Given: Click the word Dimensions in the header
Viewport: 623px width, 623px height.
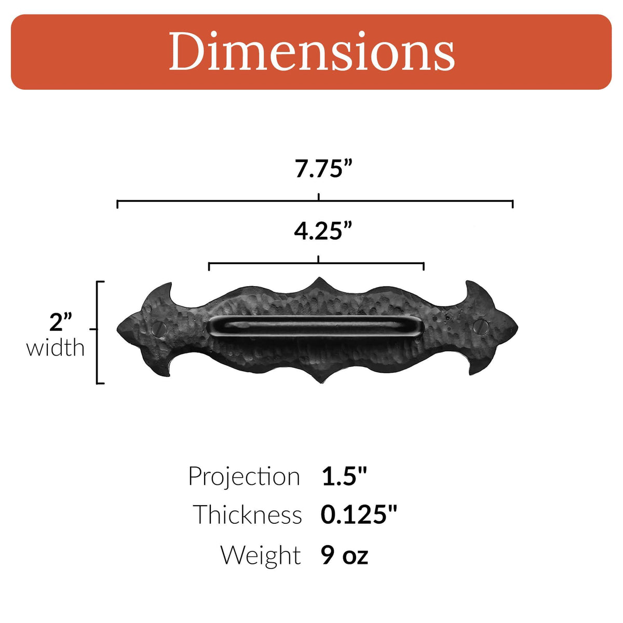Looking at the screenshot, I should pos(311,51).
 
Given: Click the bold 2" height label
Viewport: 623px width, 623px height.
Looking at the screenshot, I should pos(61,322).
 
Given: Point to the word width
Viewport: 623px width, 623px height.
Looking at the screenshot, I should pos(56,348).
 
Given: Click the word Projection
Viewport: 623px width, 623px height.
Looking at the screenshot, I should pos(244,477).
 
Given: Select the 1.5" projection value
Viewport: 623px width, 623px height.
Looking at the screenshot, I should pos(344,477).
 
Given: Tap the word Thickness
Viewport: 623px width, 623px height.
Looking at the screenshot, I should pos(248,514).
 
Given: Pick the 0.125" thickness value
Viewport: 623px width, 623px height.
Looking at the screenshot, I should pos(358,514).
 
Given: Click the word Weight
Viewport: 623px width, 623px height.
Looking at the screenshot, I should pos(261,555).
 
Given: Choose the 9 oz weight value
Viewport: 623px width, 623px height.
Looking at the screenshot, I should pos(344,555).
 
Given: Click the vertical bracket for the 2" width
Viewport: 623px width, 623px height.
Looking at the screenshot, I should pos(98,332).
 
